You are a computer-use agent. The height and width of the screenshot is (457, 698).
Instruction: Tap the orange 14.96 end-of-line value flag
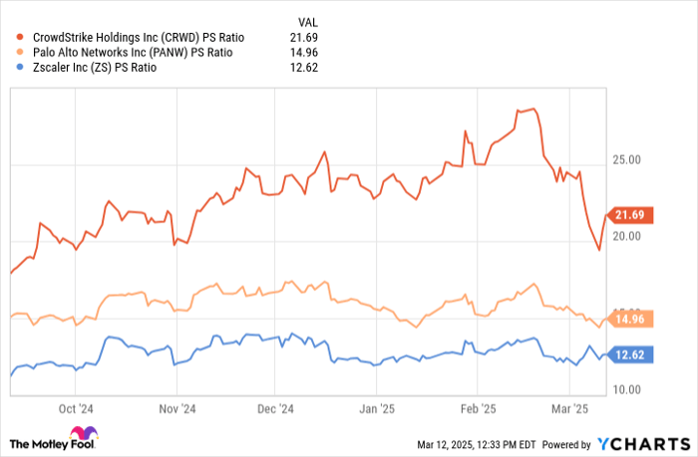(632, 319)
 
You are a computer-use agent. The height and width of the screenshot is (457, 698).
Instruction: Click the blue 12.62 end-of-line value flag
(632, 354)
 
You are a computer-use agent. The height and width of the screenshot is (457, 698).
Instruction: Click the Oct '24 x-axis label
(76, 408)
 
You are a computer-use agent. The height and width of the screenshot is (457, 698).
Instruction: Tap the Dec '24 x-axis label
(277, 408)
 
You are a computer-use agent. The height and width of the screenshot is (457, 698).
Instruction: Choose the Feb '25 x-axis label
(477, 408)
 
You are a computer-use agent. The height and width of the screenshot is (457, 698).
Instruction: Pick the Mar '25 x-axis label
(569, 408)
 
